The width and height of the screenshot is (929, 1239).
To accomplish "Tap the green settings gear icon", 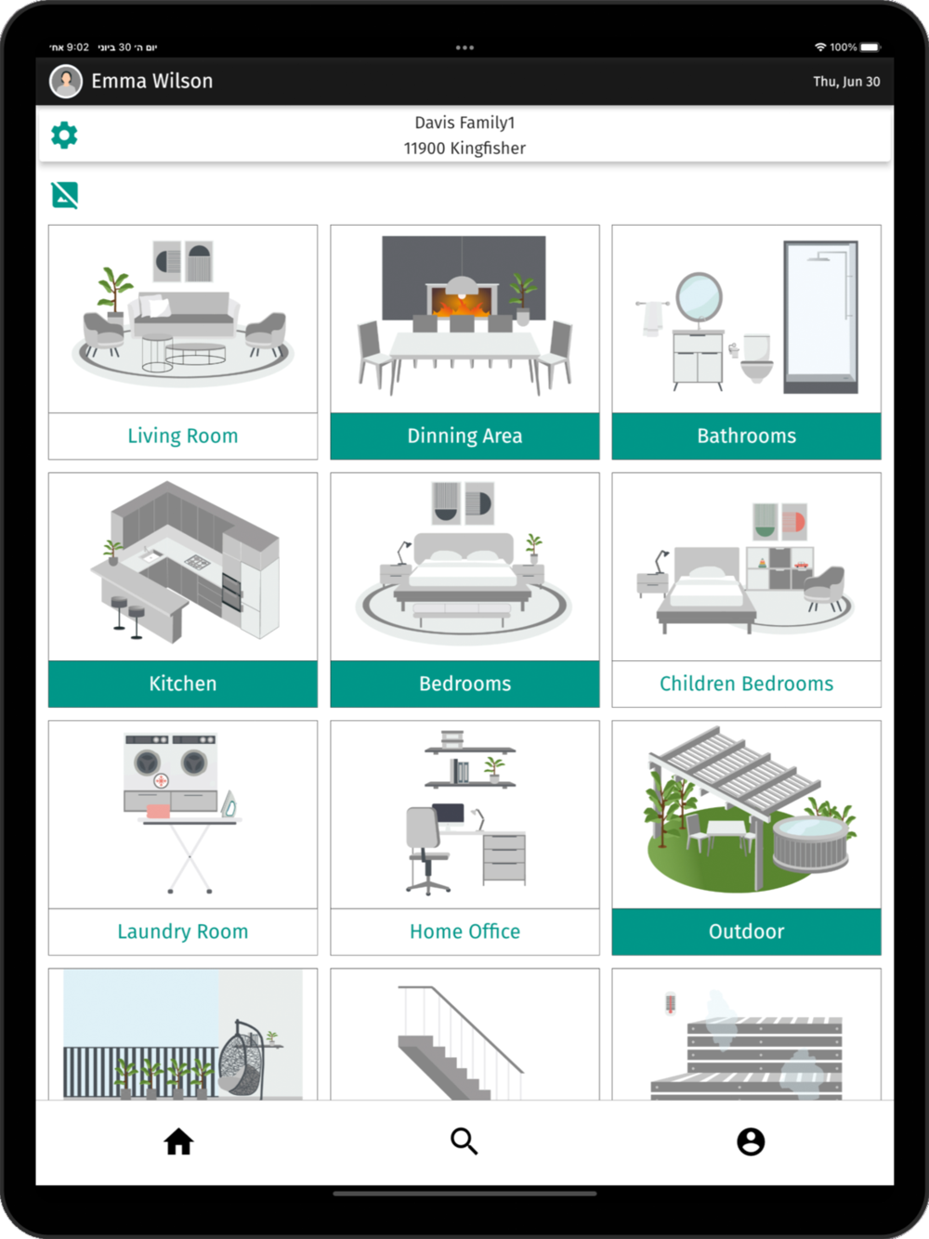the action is [x=64, y=136].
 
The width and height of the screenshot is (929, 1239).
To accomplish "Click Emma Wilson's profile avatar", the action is [x=66, y=82].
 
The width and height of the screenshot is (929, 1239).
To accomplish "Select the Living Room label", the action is [x=183, y=436].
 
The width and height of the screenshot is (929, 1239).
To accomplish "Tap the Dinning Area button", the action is [x=464, y=436].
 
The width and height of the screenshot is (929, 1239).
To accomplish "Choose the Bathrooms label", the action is [x=746, y=436].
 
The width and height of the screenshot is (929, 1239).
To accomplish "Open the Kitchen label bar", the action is [x=183, y=684].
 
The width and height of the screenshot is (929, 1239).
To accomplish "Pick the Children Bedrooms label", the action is [x=746, y=684].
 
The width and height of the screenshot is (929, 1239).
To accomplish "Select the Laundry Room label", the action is [x=183, y=932].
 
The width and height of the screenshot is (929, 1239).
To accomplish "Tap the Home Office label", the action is [x=464, y=932].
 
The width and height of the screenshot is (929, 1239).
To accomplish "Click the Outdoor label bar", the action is [x=746, y=932].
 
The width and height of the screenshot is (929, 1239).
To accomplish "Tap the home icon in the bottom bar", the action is [x=179, y=1141].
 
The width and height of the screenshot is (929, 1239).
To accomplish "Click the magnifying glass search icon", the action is [x=464, y=1141].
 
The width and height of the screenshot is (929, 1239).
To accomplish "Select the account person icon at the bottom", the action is [x=751, y=1141].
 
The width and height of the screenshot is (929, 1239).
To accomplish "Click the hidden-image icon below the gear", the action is [x=65, y=195].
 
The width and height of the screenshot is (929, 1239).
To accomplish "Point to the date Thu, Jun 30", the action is [x=846, y=82].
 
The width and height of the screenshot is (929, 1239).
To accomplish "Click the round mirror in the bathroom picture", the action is [x=699, y=296].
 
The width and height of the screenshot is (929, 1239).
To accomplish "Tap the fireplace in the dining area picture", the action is [x=462, y=299].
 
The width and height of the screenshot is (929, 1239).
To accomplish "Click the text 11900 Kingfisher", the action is [x=464, y=149].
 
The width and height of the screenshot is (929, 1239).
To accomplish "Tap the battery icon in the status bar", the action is [x=870, y=46].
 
